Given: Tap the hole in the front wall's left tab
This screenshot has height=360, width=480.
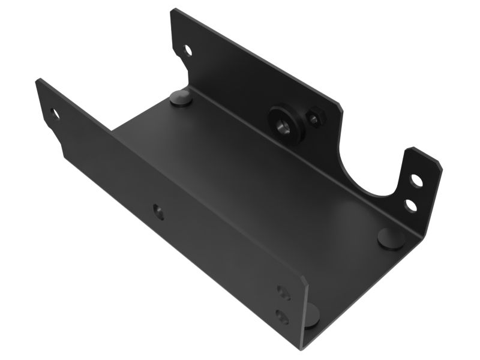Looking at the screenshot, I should [x=55, y=113].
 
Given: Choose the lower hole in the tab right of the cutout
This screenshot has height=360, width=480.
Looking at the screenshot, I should [x=410, y=205].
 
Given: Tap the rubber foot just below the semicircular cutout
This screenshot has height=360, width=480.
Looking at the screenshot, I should [x=391, y=237].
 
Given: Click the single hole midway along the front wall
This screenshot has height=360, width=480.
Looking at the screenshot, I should [x=158, y=211].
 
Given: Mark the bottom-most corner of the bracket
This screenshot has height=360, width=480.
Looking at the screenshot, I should [x=302, y=347].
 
